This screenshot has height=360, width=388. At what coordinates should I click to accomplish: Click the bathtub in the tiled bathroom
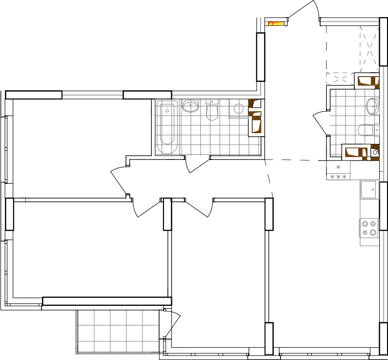coord(167,127)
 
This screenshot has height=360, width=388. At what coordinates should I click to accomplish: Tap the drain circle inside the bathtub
coord(167,111)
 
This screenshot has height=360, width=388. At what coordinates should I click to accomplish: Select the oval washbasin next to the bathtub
coord(190,105)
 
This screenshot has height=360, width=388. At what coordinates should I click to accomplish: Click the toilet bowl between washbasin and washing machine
coord(212,113)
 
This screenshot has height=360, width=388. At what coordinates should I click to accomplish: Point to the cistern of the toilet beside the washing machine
coord(212,101)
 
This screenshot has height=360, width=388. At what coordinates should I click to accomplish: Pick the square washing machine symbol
coord(238,108)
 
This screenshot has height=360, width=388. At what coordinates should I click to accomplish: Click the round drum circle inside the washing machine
coord(238,108)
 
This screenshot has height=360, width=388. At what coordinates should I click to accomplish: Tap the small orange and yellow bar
coord(276,23)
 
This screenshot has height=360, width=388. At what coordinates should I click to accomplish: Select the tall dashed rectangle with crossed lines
coord(369,49)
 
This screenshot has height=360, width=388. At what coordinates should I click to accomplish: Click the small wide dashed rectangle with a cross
coord(340,79)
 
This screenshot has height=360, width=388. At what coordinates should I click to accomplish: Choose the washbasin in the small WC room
coord(372,106)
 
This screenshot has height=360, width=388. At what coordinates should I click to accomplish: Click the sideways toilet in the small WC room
coord(367,130)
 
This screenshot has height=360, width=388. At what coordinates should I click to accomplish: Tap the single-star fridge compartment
coord(338,167)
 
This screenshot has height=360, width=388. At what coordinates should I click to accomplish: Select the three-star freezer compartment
coord(338,177)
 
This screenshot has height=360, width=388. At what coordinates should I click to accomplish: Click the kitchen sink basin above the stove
coord(369,189)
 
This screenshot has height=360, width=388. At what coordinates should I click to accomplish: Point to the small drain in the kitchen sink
coord(374,189)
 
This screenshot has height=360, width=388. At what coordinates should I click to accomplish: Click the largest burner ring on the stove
coord(373,232)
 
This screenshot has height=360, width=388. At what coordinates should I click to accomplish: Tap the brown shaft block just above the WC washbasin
coord(368,81)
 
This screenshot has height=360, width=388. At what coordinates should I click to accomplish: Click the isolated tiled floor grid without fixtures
coord(118,331)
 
